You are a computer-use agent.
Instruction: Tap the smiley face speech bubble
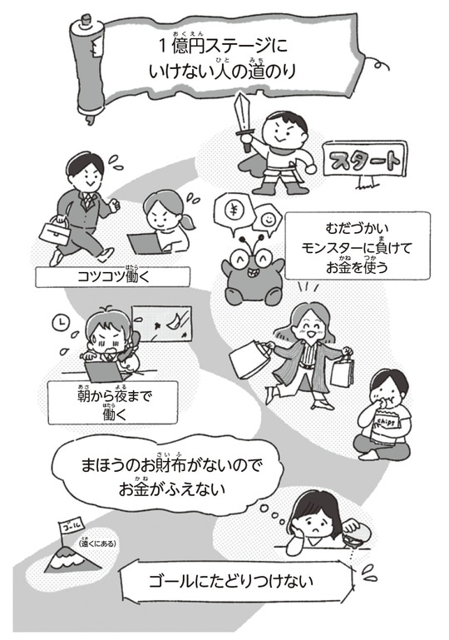click(269, 220)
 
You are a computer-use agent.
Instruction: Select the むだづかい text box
click(358, 246)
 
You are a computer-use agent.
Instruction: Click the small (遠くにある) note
click(97, 544)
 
